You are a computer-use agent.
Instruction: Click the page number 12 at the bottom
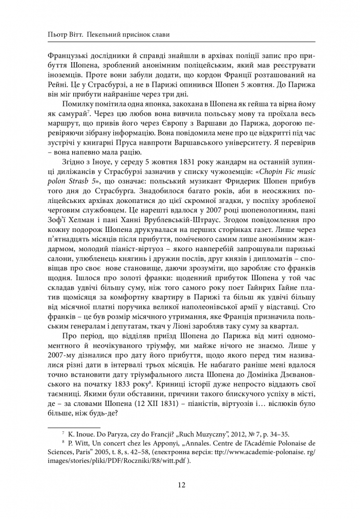(180, 485)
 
